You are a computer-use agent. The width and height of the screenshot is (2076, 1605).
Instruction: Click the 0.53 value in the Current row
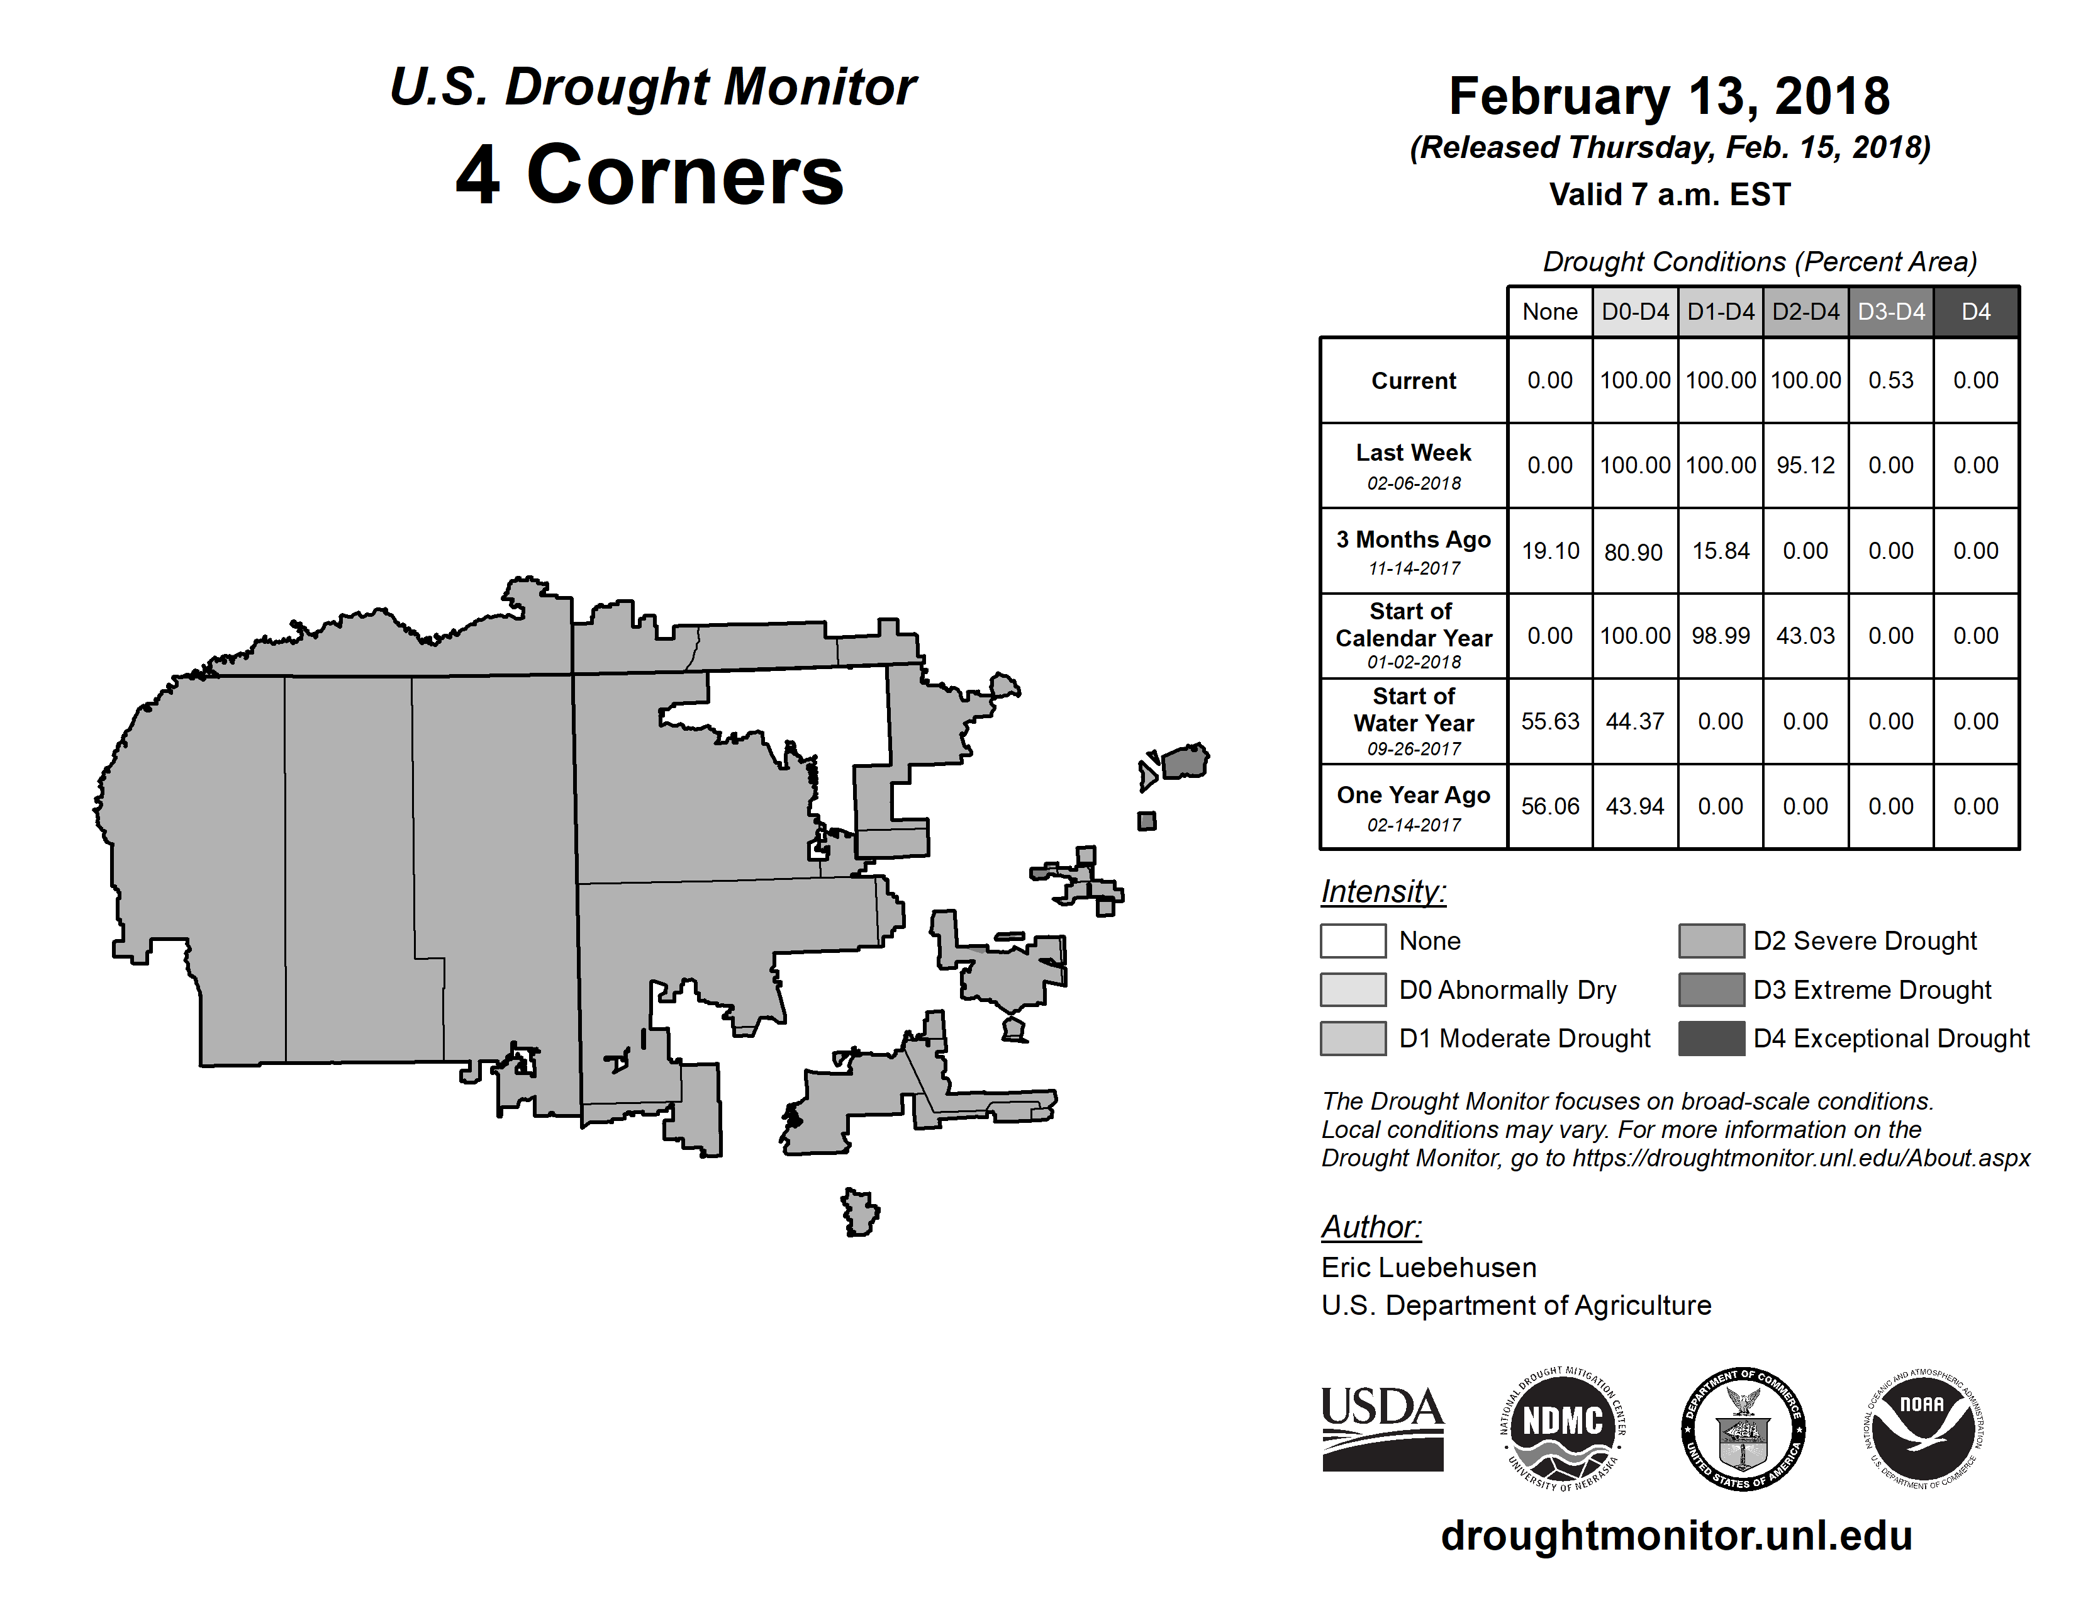point(1890,380)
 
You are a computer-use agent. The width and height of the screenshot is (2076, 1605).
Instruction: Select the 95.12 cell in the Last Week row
point(1805,465)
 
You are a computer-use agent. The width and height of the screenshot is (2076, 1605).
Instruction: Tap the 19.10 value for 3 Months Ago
point(1549,551)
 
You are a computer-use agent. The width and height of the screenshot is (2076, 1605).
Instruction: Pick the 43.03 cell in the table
point(1805,635)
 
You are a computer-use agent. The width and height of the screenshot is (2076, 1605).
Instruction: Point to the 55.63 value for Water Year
point(1549,721)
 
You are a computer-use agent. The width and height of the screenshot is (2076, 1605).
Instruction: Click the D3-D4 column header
point(1890,312)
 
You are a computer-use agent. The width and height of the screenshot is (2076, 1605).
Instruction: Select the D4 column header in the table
point(1975,312)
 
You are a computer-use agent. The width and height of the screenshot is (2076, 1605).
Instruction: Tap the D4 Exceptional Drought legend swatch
point(1711,1039)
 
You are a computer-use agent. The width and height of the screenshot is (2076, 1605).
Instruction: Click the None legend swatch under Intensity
point(1353,940)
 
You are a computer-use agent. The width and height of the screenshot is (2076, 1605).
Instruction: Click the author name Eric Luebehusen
point(1428,1268)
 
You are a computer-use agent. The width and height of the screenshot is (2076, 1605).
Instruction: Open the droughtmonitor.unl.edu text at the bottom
point(1676,1536)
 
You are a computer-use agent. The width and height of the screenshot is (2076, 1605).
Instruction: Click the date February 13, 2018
point(1669,97)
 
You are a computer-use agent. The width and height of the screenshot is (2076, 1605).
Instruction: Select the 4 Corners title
point(650,175)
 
